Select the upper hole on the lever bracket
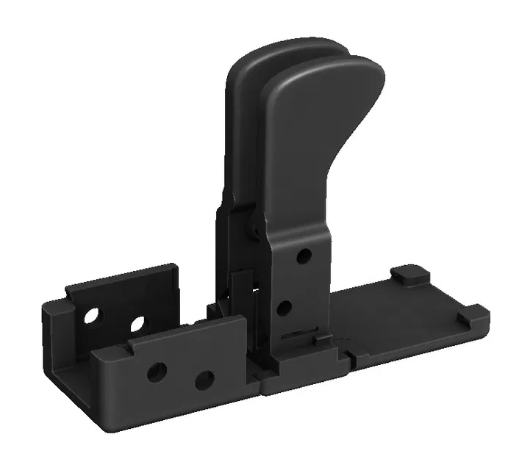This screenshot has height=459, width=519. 303,256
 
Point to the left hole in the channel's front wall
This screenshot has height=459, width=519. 155,372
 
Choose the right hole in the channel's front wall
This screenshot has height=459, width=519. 204,380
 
